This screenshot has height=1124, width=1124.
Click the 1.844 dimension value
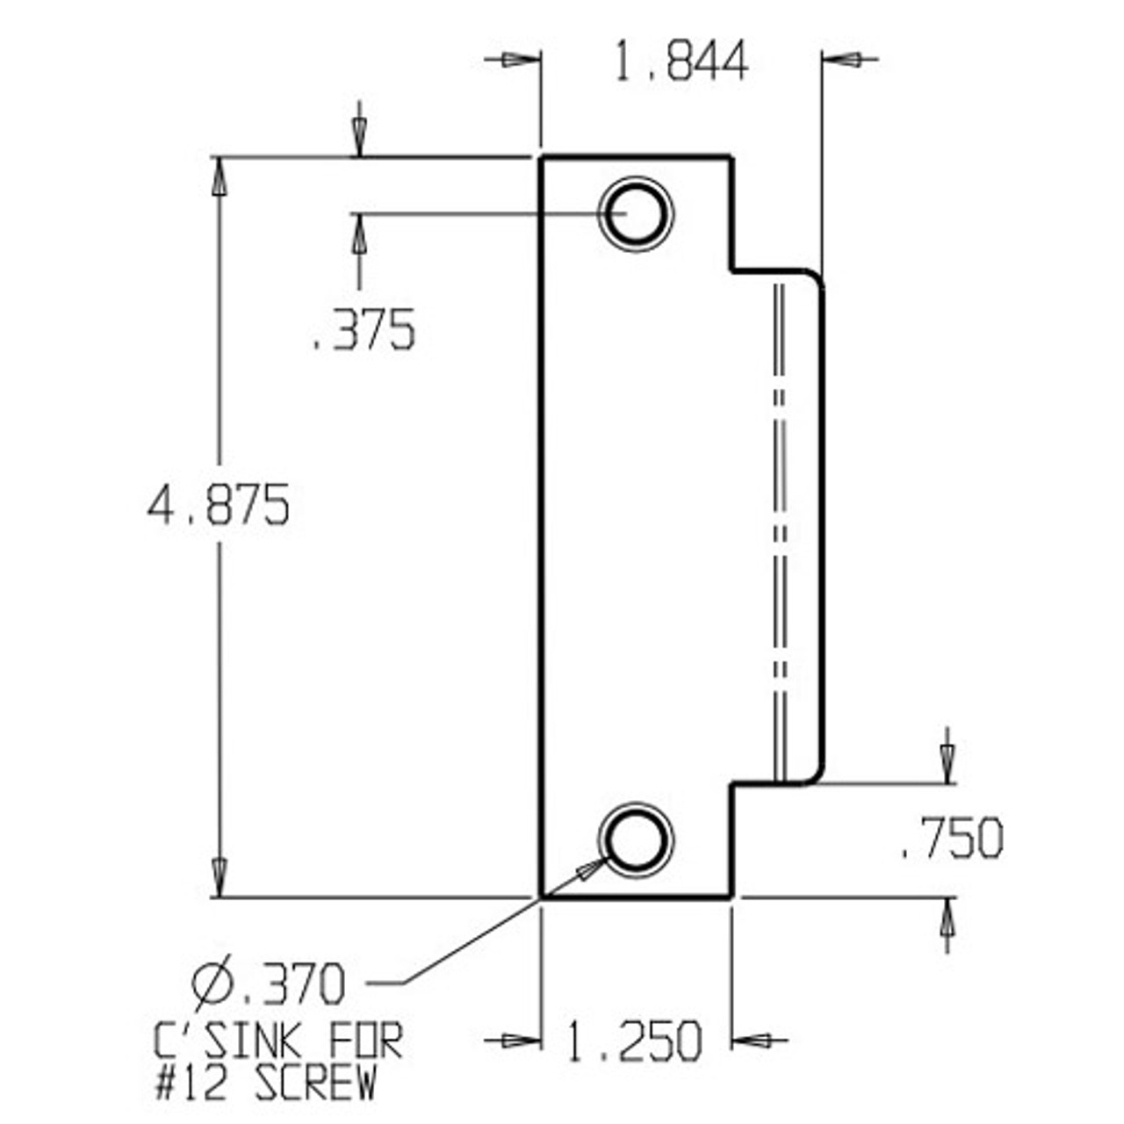[x=681, y=61]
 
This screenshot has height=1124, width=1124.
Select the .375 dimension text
[x=364, y=331]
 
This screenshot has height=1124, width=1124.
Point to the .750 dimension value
[x=952, y=839]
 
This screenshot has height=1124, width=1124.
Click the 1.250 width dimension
[x=633, y=1041]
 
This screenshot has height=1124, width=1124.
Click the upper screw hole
[x=635, y=213]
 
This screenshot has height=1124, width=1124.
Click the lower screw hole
[x=636, y=839]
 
